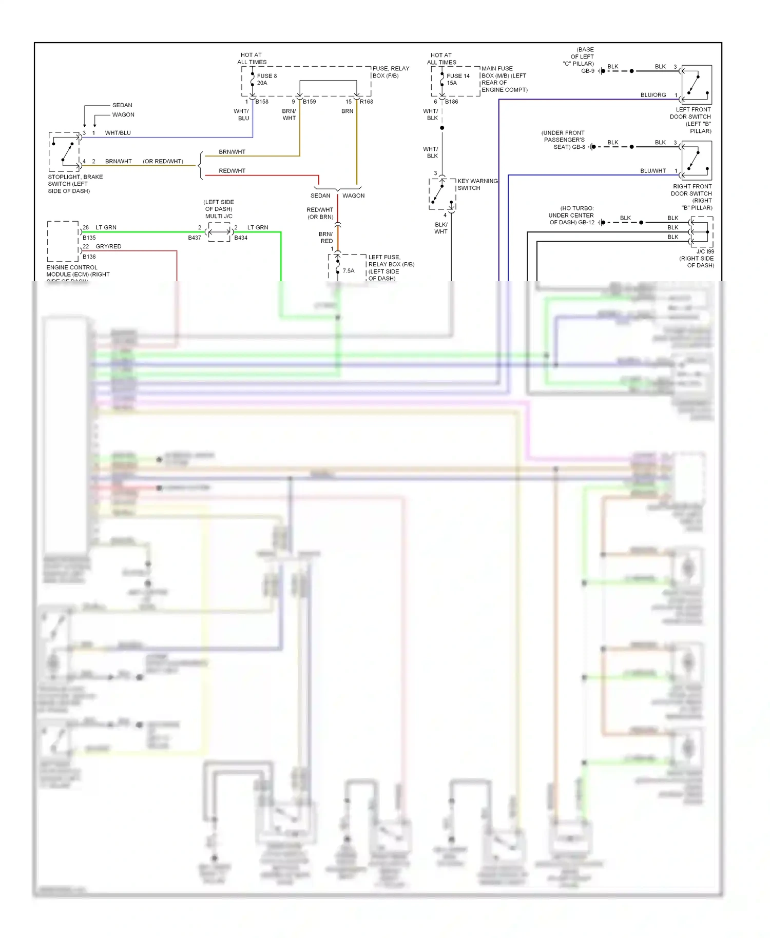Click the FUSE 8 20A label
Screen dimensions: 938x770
click(x=266, y=80)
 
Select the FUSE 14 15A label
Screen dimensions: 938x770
click(x=458, y=80)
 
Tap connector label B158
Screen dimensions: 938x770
click(x=262, y=102)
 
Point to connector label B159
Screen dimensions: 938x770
click(x=310, y=102)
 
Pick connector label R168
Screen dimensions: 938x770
click(x=367, y=102)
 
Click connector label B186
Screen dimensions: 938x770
click(x=452, y=102)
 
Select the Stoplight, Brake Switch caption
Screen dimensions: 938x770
click(x=75, y=184)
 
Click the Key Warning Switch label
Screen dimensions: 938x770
click(x=477, y=184)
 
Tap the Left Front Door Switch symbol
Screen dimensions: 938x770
click(x=697, y=85)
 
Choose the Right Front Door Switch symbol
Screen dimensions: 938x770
click(x=697, y=161)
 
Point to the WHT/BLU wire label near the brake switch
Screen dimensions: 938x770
click(x=118, y=133)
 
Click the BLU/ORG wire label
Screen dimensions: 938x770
click(x=653, y=95)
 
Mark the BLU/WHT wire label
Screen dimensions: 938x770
click(x=653, y=171)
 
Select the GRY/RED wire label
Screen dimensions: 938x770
click(x=108, y=246)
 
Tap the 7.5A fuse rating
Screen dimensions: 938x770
click(x=349, y=271)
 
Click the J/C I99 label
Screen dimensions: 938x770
click(x=705, y=251)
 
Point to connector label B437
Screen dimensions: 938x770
click(x=195, y=238)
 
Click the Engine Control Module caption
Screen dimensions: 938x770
click(x=78, y=271)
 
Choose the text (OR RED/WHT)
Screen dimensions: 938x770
click(x=163, y=161)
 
